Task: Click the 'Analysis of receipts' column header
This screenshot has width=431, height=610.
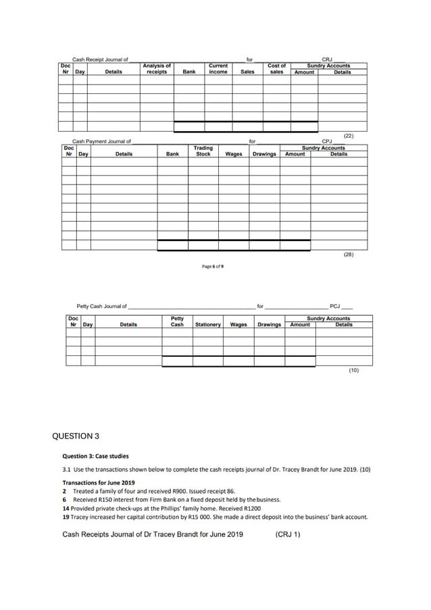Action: [157, 69]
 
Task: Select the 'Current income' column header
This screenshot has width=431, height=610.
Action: [218, 69]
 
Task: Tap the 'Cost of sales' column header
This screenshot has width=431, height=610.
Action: [276, 69]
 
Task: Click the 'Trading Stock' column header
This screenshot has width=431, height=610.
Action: [203, 151]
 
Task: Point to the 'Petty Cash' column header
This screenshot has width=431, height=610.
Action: [177, 322]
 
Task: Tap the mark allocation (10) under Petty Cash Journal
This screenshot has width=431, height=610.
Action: [354, 370]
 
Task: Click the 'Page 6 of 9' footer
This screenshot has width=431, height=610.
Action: [213, 266]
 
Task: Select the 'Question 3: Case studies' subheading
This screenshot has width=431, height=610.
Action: [95, 456]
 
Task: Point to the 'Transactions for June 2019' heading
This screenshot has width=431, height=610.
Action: [99, 482]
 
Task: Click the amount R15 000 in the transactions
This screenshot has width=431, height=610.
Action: [206, 517]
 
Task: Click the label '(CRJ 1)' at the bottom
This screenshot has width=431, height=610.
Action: [288, 534]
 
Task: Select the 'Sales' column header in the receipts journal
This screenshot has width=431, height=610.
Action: [247, 72]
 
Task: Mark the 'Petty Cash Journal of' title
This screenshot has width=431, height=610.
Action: [101, 307]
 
